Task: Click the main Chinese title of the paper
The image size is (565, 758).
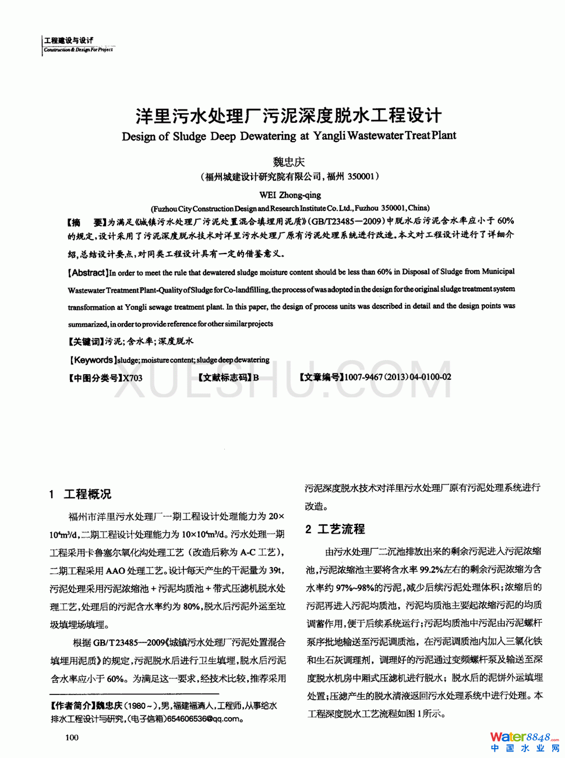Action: pos(288,115)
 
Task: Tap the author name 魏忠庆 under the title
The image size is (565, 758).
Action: pos(289,162)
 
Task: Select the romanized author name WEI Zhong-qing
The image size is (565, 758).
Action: pos(289,195)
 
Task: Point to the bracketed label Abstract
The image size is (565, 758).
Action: pos(88,272)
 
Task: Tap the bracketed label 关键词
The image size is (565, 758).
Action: pos(86,341)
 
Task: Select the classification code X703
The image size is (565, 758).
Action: pos(132,378)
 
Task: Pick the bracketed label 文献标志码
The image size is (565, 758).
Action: pos(225,378)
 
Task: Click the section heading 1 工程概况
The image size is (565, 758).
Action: pos(80,494)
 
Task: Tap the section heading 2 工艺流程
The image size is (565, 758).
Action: pos(335,529)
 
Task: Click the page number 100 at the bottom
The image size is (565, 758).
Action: pos(72,738)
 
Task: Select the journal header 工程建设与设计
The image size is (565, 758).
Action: pos(69,40)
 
